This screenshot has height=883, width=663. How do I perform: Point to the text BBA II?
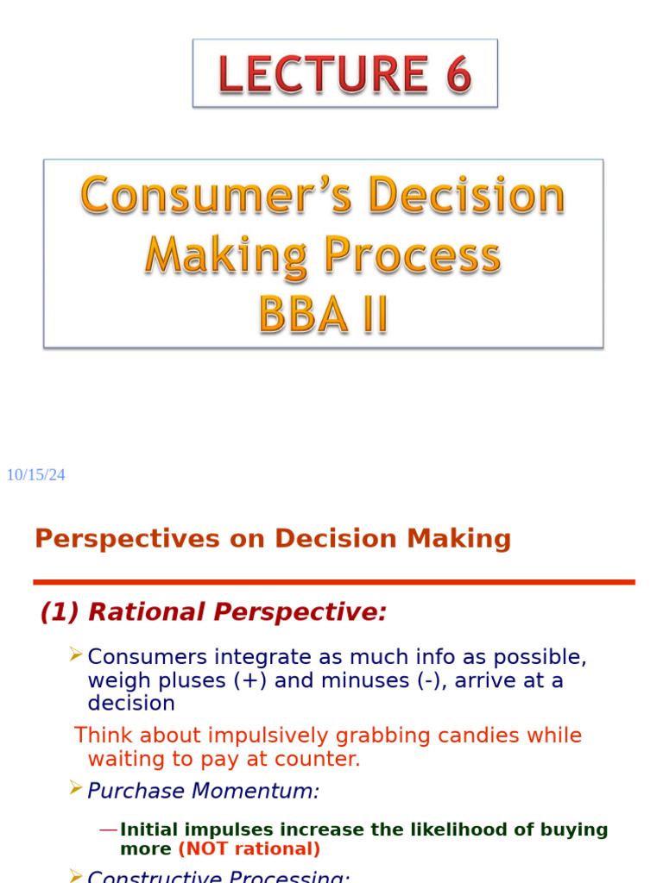click(323, 316)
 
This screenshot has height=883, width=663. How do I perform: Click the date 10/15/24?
click(35, 475)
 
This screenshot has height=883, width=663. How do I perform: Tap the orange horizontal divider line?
click(334, 582)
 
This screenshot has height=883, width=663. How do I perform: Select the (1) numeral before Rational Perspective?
click(60, 612)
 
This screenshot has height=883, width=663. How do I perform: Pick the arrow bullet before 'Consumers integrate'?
click(75, 655)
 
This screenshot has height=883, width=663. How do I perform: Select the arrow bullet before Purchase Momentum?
click(75, 787)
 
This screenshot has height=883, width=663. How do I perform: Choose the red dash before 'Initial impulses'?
click(108, 830)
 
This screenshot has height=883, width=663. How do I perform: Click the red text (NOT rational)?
click(249, 849)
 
